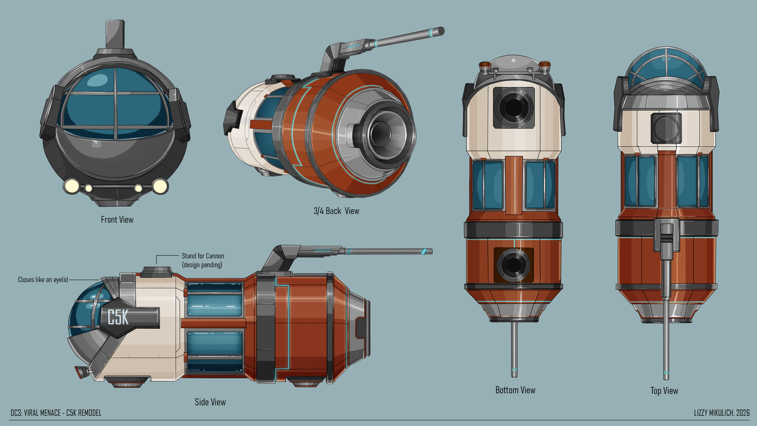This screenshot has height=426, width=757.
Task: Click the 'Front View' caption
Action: tap(117, 220)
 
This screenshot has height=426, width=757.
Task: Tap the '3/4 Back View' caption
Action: tap(336, 211)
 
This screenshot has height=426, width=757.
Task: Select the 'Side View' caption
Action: tap(210, 402)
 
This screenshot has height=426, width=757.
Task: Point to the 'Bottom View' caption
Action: tap(515, 390)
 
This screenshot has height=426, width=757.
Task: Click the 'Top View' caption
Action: tap(664, 391)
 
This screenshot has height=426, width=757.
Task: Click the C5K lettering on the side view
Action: tap(118, 317)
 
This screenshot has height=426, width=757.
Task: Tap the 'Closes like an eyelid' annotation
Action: tap(43, 280)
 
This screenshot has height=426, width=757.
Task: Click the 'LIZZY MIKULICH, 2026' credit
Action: tap(722, 413)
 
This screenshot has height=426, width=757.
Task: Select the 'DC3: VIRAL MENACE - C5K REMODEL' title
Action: tap(56, 413)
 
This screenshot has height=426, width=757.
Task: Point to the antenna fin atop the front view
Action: tap(115, 34)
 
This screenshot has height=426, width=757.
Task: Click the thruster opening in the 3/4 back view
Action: tap(381, 134)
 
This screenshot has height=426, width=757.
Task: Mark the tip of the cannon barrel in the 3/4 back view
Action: tap(441, 31)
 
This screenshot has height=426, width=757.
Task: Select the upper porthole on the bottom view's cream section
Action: tap(514, 107)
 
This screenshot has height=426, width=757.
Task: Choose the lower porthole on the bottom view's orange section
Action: tap(514, 265)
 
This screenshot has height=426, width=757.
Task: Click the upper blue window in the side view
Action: tap(214, 300)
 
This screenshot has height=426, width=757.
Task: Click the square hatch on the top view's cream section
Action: tap(666, 128)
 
